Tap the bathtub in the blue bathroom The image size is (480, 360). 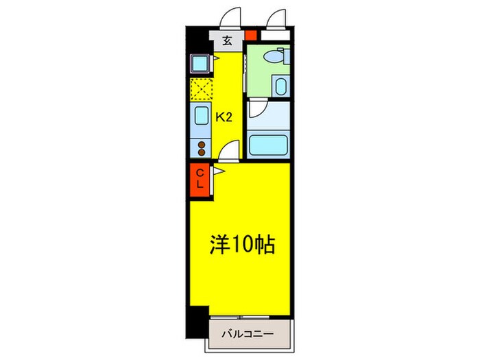pos(268,146)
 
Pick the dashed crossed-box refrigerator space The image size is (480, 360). pos(202,89)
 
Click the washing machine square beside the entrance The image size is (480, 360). pos(201,64)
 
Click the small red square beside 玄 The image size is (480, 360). pos(251,36)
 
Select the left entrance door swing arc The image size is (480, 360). pos(232,18)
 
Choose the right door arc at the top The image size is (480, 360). pos(276,18)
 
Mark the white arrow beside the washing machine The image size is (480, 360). pos(216,60)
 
